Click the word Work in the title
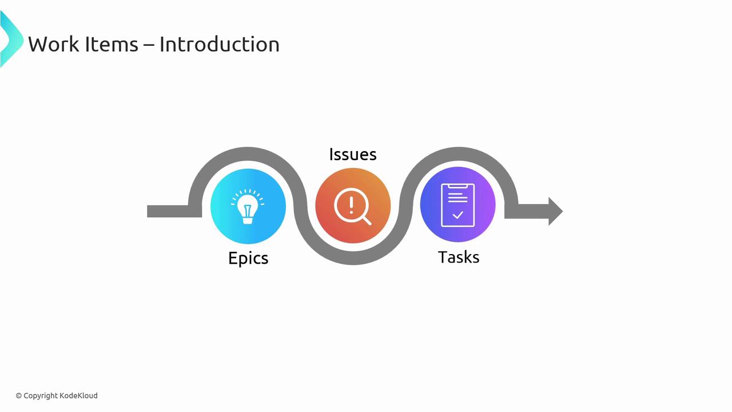(x=54, y=44)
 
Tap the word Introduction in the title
(x=219, y=44)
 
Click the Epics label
(x=248, y=258)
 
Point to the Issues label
(x=353, y=154)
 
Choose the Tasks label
(x=459, y=257)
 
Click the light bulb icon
(x=248, y=206)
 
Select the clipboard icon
(x=457, y=205)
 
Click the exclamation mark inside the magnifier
(x=351, y=204)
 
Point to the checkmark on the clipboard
(x=457, y=216)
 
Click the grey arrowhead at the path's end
(x=555, y=211)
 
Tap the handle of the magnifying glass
(x=367, y=220)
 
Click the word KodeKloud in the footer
(x=79, y=395)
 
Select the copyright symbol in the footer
(x=19, y=395)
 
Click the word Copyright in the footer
(x=41, y=395)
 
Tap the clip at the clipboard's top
(x=457, y=185)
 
